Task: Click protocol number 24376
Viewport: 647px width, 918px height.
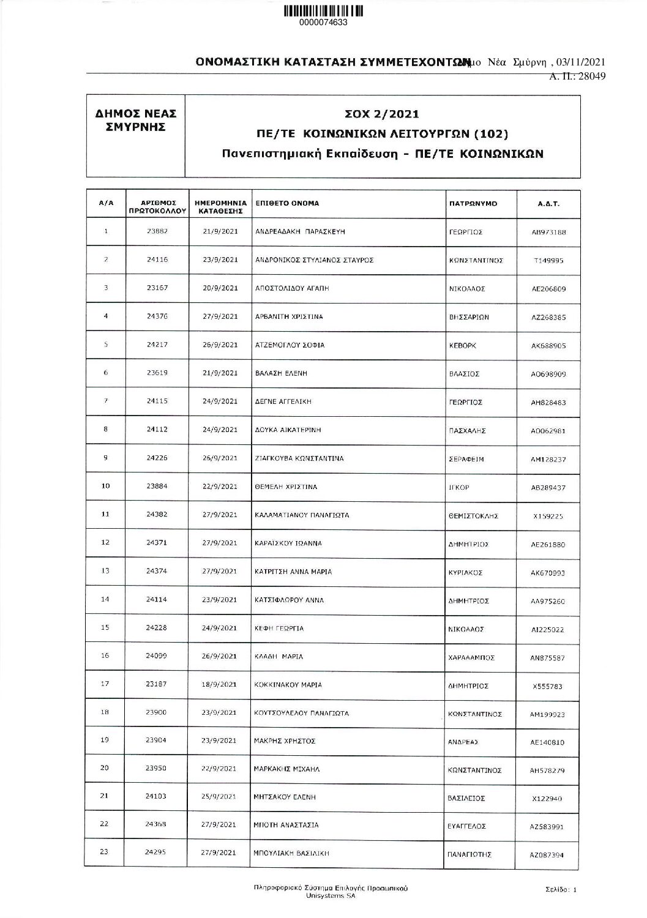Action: point(157,316)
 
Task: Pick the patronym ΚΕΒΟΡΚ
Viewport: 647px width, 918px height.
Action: point(462,346)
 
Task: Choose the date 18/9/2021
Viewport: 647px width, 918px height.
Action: point(220,685)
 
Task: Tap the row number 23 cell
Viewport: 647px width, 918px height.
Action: point(105,853)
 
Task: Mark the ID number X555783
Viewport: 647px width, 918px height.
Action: point(548,687)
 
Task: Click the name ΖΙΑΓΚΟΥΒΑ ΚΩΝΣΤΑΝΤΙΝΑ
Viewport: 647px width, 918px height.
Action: point(299,458)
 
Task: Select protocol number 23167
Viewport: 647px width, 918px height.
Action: point(157,288)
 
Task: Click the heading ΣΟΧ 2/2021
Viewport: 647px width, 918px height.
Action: point(382,114)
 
